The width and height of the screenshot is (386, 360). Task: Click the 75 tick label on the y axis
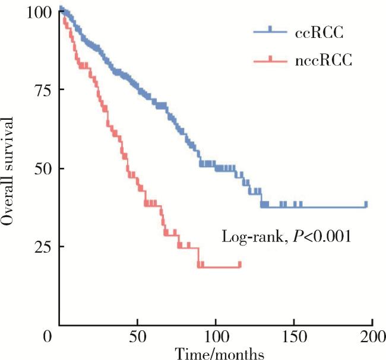[42, 90]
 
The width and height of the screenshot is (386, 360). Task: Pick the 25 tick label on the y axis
[42, 246]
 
